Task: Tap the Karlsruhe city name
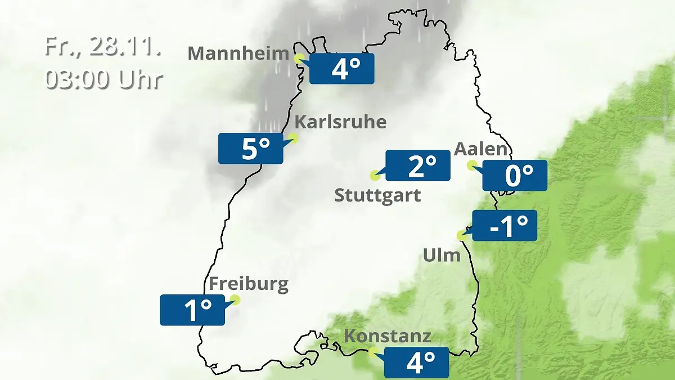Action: pos(340,122)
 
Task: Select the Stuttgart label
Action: pos(377,196)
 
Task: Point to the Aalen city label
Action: pos(481,150)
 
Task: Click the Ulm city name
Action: pos(442,256)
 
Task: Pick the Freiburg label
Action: pos(249,284)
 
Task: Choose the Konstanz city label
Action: pos(388,337)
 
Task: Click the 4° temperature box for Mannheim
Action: pos(342,69)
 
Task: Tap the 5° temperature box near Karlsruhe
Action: pos(251,149)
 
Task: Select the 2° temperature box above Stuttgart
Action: pos(418,166)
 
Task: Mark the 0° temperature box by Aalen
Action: pos(515,176)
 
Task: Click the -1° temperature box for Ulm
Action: pos(505,226)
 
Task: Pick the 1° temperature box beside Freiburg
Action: pos(192,310)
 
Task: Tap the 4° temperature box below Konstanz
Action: pos(416,363)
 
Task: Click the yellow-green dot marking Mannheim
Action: pos(299,57)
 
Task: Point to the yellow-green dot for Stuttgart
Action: pos(375,175)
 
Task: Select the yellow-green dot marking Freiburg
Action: pos(235,300)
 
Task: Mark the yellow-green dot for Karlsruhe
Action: pos(292,137)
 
